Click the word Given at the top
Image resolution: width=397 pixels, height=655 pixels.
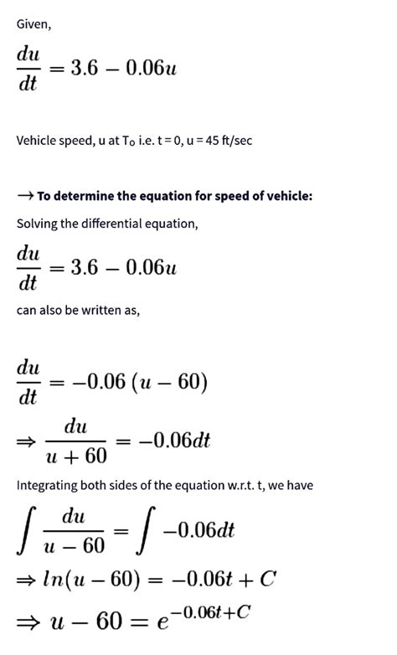coord(34,24)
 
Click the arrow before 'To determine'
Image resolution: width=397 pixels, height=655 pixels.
coord(25,196)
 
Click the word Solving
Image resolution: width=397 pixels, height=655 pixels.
coord(38,224)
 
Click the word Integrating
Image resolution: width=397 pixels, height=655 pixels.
coord(48,487)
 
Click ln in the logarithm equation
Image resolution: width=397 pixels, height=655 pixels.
coord(50,580)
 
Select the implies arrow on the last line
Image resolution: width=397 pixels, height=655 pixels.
coord(26,625)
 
